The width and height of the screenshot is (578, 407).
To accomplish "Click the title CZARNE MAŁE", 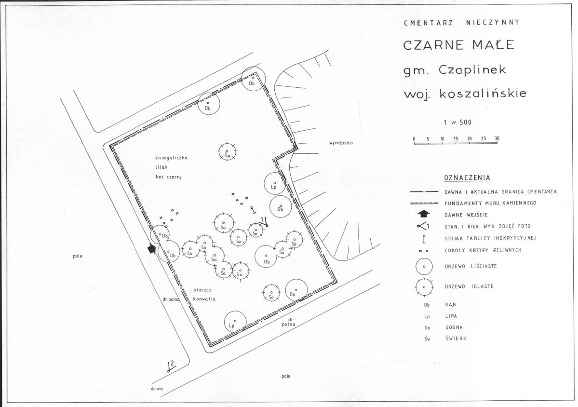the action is [x=458, y=45].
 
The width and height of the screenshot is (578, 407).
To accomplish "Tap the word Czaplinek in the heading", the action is [x=472, y=69].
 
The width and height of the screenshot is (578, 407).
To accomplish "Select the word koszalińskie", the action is [x=483, y=93].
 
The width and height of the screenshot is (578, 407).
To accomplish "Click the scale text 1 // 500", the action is [x=457, y=122].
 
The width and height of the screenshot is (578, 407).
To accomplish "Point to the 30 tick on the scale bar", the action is [x=497, y=139].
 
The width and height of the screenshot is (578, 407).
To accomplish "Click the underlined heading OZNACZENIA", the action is [x=468, y=177].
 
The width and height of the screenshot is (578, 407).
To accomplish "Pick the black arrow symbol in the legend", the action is [x=424, y=214].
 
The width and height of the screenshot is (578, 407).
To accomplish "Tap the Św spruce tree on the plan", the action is [x=227, y=152].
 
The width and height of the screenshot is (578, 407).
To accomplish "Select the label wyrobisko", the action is [x=341, y=143].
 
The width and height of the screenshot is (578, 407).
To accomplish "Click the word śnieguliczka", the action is [x=172, y=158].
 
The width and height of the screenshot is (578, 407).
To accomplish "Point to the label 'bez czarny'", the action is [x=168, y=177].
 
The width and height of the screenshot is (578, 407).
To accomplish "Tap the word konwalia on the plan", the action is [x=204, y=299].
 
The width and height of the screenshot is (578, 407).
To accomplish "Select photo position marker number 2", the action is [x=170, y=366].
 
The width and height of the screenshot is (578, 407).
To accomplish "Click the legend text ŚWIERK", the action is [x=456, y=339].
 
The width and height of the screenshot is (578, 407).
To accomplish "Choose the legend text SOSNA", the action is [x=454, y=327].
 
